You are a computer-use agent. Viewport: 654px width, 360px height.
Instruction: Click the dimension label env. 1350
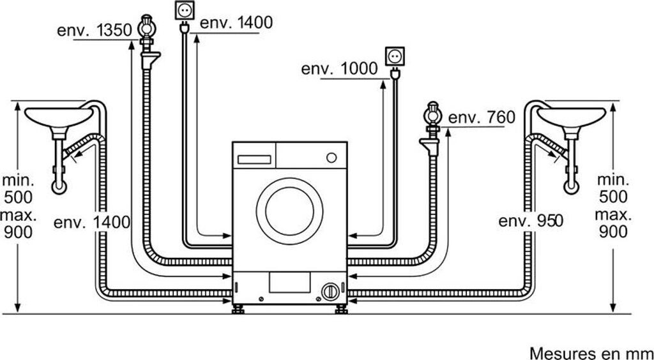(95, 30)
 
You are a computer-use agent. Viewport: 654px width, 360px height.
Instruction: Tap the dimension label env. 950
(531, 221)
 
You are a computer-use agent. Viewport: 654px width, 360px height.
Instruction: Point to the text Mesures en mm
(591, 352)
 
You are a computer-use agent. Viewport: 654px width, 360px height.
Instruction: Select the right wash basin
(570, 117)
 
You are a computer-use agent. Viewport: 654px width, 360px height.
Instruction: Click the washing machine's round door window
(289, 209)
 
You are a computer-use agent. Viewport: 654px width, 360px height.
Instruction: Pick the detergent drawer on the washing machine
(254, 154)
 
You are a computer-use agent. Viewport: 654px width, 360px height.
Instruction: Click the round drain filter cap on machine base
(329, 291)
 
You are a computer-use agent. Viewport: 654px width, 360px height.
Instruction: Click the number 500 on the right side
(612, 197)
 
